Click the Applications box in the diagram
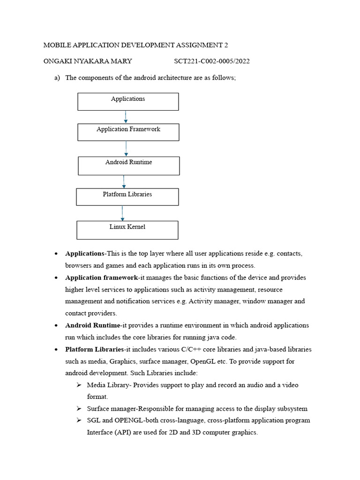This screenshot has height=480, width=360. tap(128, 101)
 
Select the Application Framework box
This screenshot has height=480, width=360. tap(128, 132)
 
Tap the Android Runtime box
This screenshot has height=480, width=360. tap(128, 165)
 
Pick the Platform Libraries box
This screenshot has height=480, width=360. tap(127, 197)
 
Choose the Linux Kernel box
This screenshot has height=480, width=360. tap(127, 230)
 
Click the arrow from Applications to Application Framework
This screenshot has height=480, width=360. tap(126, 117)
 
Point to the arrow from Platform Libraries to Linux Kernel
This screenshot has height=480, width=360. tap(122, 213)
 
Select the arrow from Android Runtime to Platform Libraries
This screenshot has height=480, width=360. tap(124, 181)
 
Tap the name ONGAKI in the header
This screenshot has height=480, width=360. tap(58, 61)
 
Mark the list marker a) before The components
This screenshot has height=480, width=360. tap(57, 77)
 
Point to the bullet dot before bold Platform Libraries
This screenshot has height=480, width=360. tap(56, 350)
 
